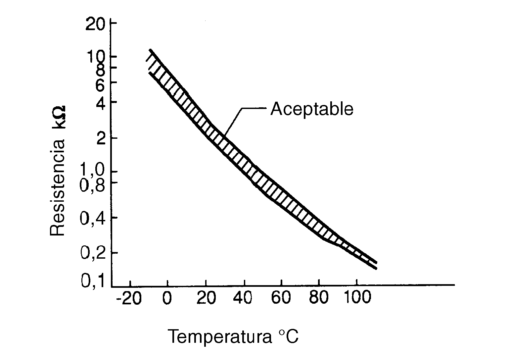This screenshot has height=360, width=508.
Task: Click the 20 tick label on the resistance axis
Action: (96, 25)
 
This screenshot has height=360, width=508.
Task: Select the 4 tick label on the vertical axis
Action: (101, 104)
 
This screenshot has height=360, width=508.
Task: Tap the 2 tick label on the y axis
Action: (101, 139)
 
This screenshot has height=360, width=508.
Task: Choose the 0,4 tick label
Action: (93, 219)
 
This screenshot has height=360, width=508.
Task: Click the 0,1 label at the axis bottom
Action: (93, 282)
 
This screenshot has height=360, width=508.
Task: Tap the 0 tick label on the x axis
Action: (167, 298)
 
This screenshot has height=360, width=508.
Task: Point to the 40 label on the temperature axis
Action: (244, 298)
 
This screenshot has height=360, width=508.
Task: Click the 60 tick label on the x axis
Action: (281, 298)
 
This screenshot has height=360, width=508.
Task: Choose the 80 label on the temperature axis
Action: (319, 298)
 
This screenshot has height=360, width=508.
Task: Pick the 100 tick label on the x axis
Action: (357, 298)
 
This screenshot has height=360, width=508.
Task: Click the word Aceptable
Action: (312, 109)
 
